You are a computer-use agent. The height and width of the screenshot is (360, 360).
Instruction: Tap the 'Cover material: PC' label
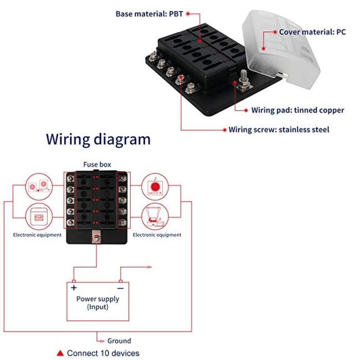(x=312, y=32)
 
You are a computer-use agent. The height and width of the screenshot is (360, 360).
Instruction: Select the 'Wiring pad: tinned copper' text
(x=297, y=110)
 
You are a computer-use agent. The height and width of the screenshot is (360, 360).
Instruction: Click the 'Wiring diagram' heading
(x=98, y=139)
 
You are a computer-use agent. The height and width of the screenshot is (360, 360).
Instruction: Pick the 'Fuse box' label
(x=97, y=164)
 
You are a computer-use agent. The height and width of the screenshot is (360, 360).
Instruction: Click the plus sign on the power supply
(x=74, y=289)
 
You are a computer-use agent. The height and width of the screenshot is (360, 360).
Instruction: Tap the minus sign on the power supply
(x=120, y=289)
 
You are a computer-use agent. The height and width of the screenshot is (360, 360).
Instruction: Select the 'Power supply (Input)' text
(x=97, y=302)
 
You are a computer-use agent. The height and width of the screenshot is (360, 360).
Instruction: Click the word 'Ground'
(x=120, y=341)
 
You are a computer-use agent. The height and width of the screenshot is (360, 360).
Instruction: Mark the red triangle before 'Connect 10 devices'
(x=60, y=353)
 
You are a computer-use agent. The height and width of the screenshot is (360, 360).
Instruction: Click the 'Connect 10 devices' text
(x=103, y=353)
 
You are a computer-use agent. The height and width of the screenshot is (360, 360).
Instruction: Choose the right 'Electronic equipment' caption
(x=158, y=235)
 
